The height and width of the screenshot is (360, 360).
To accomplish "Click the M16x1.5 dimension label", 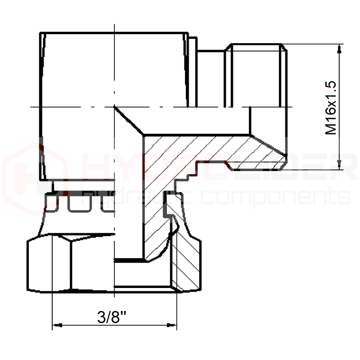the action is click(331, 108).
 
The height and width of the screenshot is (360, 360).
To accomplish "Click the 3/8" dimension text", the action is click(112, 317).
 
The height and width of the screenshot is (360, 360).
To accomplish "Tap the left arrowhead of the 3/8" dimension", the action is click(57, 325).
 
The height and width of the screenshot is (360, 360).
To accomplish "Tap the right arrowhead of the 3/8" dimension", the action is click(172, 325).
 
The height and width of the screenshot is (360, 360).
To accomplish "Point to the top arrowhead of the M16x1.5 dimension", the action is click(340, 49).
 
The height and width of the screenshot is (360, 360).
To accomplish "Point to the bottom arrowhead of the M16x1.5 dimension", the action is click(340, 165).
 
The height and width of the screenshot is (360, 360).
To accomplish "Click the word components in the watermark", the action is click(276, 198).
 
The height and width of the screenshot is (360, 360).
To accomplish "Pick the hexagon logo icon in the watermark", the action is click(35, 179).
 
